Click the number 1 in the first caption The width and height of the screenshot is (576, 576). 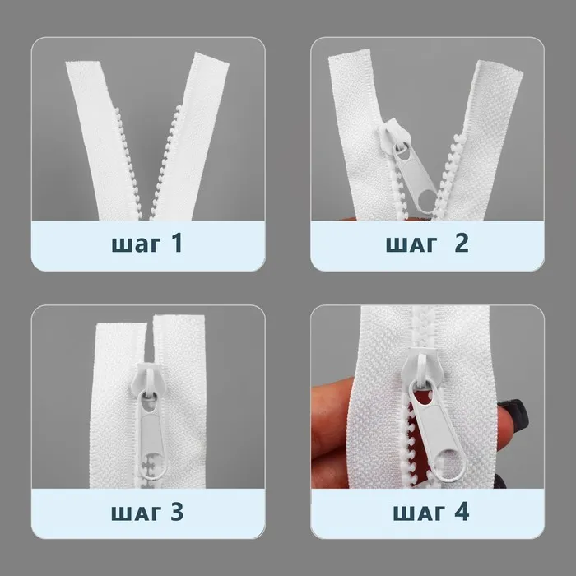177,243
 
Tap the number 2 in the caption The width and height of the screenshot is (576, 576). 462,243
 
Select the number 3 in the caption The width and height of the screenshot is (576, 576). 177,511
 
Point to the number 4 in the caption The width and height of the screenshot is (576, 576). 462,511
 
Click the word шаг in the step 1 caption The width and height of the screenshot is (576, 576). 136,244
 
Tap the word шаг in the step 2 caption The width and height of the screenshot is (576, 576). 411,244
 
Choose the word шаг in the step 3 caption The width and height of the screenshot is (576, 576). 136,513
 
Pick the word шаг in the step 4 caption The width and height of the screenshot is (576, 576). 418,513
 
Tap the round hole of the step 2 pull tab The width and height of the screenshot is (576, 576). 426,201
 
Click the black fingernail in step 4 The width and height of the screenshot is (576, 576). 514,411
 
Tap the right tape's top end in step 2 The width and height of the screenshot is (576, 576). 500,67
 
